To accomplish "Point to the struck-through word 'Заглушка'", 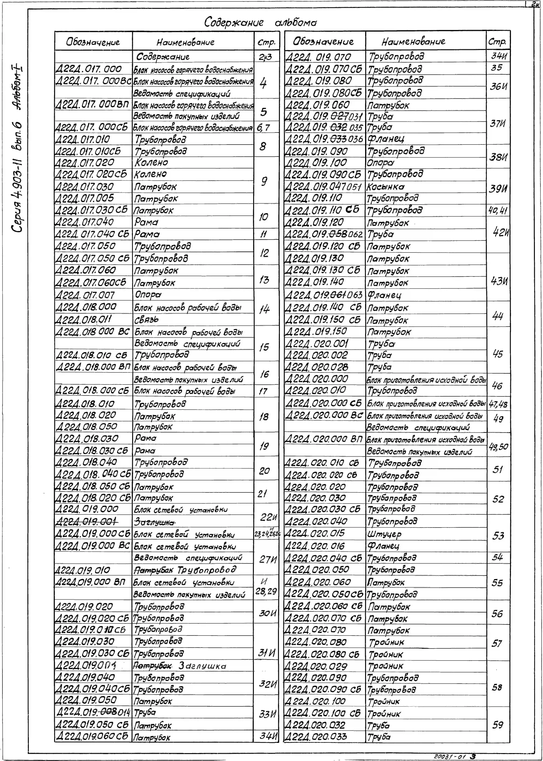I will click(x=154, y=522).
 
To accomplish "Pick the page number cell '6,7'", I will click(x=263, y=127).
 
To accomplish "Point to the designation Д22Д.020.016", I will click(x=314, y=546).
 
